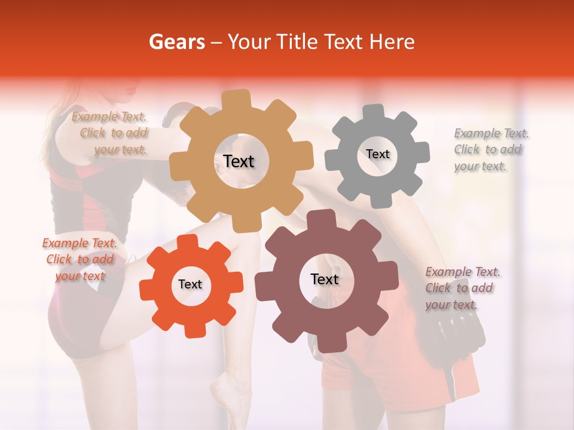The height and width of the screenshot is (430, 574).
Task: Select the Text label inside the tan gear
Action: [239, 161]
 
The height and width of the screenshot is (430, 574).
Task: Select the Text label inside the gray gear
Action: [377, 154]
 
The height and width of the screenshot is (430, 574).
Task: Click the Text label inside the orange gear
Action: [190, 285]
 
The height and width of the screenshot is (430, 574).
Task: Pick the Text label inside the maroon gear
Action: [325, 279]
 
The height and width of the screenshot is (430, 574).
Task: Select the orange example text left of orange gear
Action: [80, 260]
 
